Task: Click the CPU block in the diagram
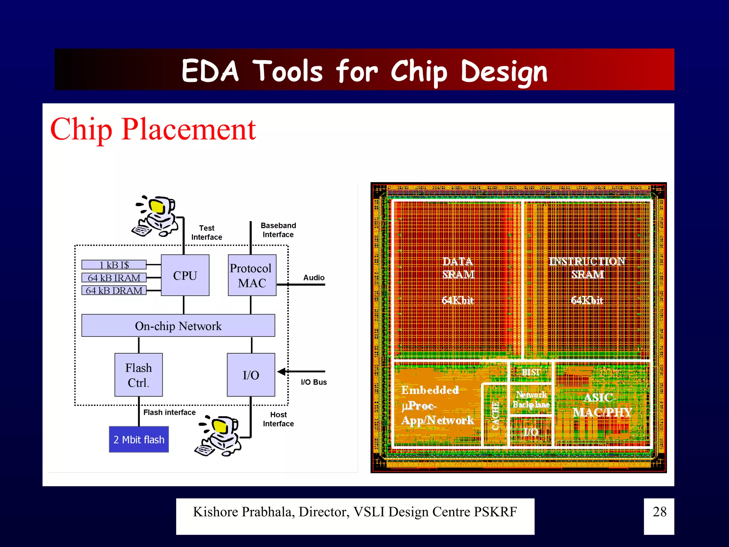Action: (x=185, y=275)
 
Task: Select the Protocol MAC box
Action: (x=252, y=275)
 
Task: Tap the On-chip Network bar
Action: (x=178, y=325)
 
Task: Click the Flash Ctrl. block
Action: (x=138, y=375)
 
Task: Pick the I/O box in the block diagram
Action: (x=251, y=375)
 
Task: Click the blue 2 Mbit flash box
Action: (x=139, y=439)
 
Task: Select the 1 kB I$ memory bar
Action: (x=114, y=265)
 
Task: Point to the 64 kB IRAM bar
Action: (x=114, y=277)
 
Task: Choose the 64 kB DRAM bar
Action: (x=114, y=291)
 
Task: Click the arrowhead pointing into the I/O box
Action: (x=282, y=372)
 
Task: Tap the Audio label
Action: (x=314, y=277)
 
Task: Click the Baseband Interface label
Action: (x=278, y=230)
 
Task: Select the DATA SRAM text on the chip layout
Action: (x=458, y=268)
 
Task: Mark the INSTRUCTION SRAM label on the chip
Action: (x=587, y=268)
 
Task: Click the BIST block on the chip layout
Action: (x=531, y=372)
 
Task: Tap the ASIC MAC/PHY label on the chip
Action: (x=602, y=405)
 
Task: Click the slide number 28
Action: (x=659, y=512)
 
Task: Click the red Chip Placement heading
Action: (x=153, y=129)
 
